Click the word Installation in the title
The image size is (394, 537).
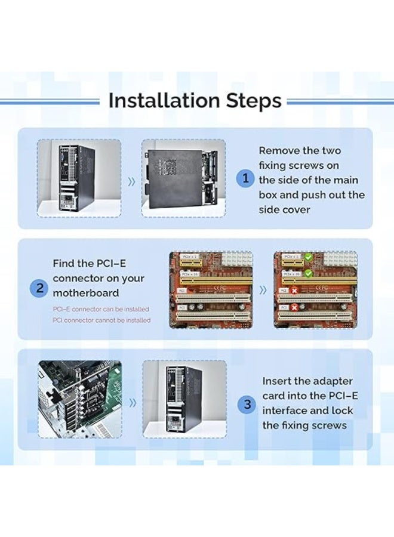pyautogui.click(x=164, y=100)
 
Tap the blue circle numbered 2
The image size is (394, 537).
pyautogui.click(x=39, y=289)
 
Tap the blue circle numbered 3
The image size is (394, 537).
pyautogui.click(x=247, y=405)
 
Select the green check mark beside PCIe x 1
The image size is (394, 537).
pyautogui.click(x=308, y=258)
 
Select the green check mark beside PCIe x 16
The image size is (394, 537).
pyautogui.click(x=308, y=273)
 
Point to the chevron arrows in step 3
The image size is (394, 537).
pyautogui.click(x=133, y=403)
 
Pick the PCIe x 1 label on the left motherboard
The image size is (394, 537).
pyautogui.click(x=189, y=257)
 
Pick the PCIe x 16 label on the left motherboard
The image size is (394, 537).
pyautogui.click(x=190, y=273)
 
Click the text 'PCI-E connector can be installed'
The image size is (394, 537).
pyautogui.click(x=101, y=309)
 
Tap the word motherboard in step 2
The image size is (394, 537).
pyautogui.click(x=85, y=293)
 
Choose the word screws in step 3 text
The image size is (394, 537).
pyautogui.click(x=327, y=425)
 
